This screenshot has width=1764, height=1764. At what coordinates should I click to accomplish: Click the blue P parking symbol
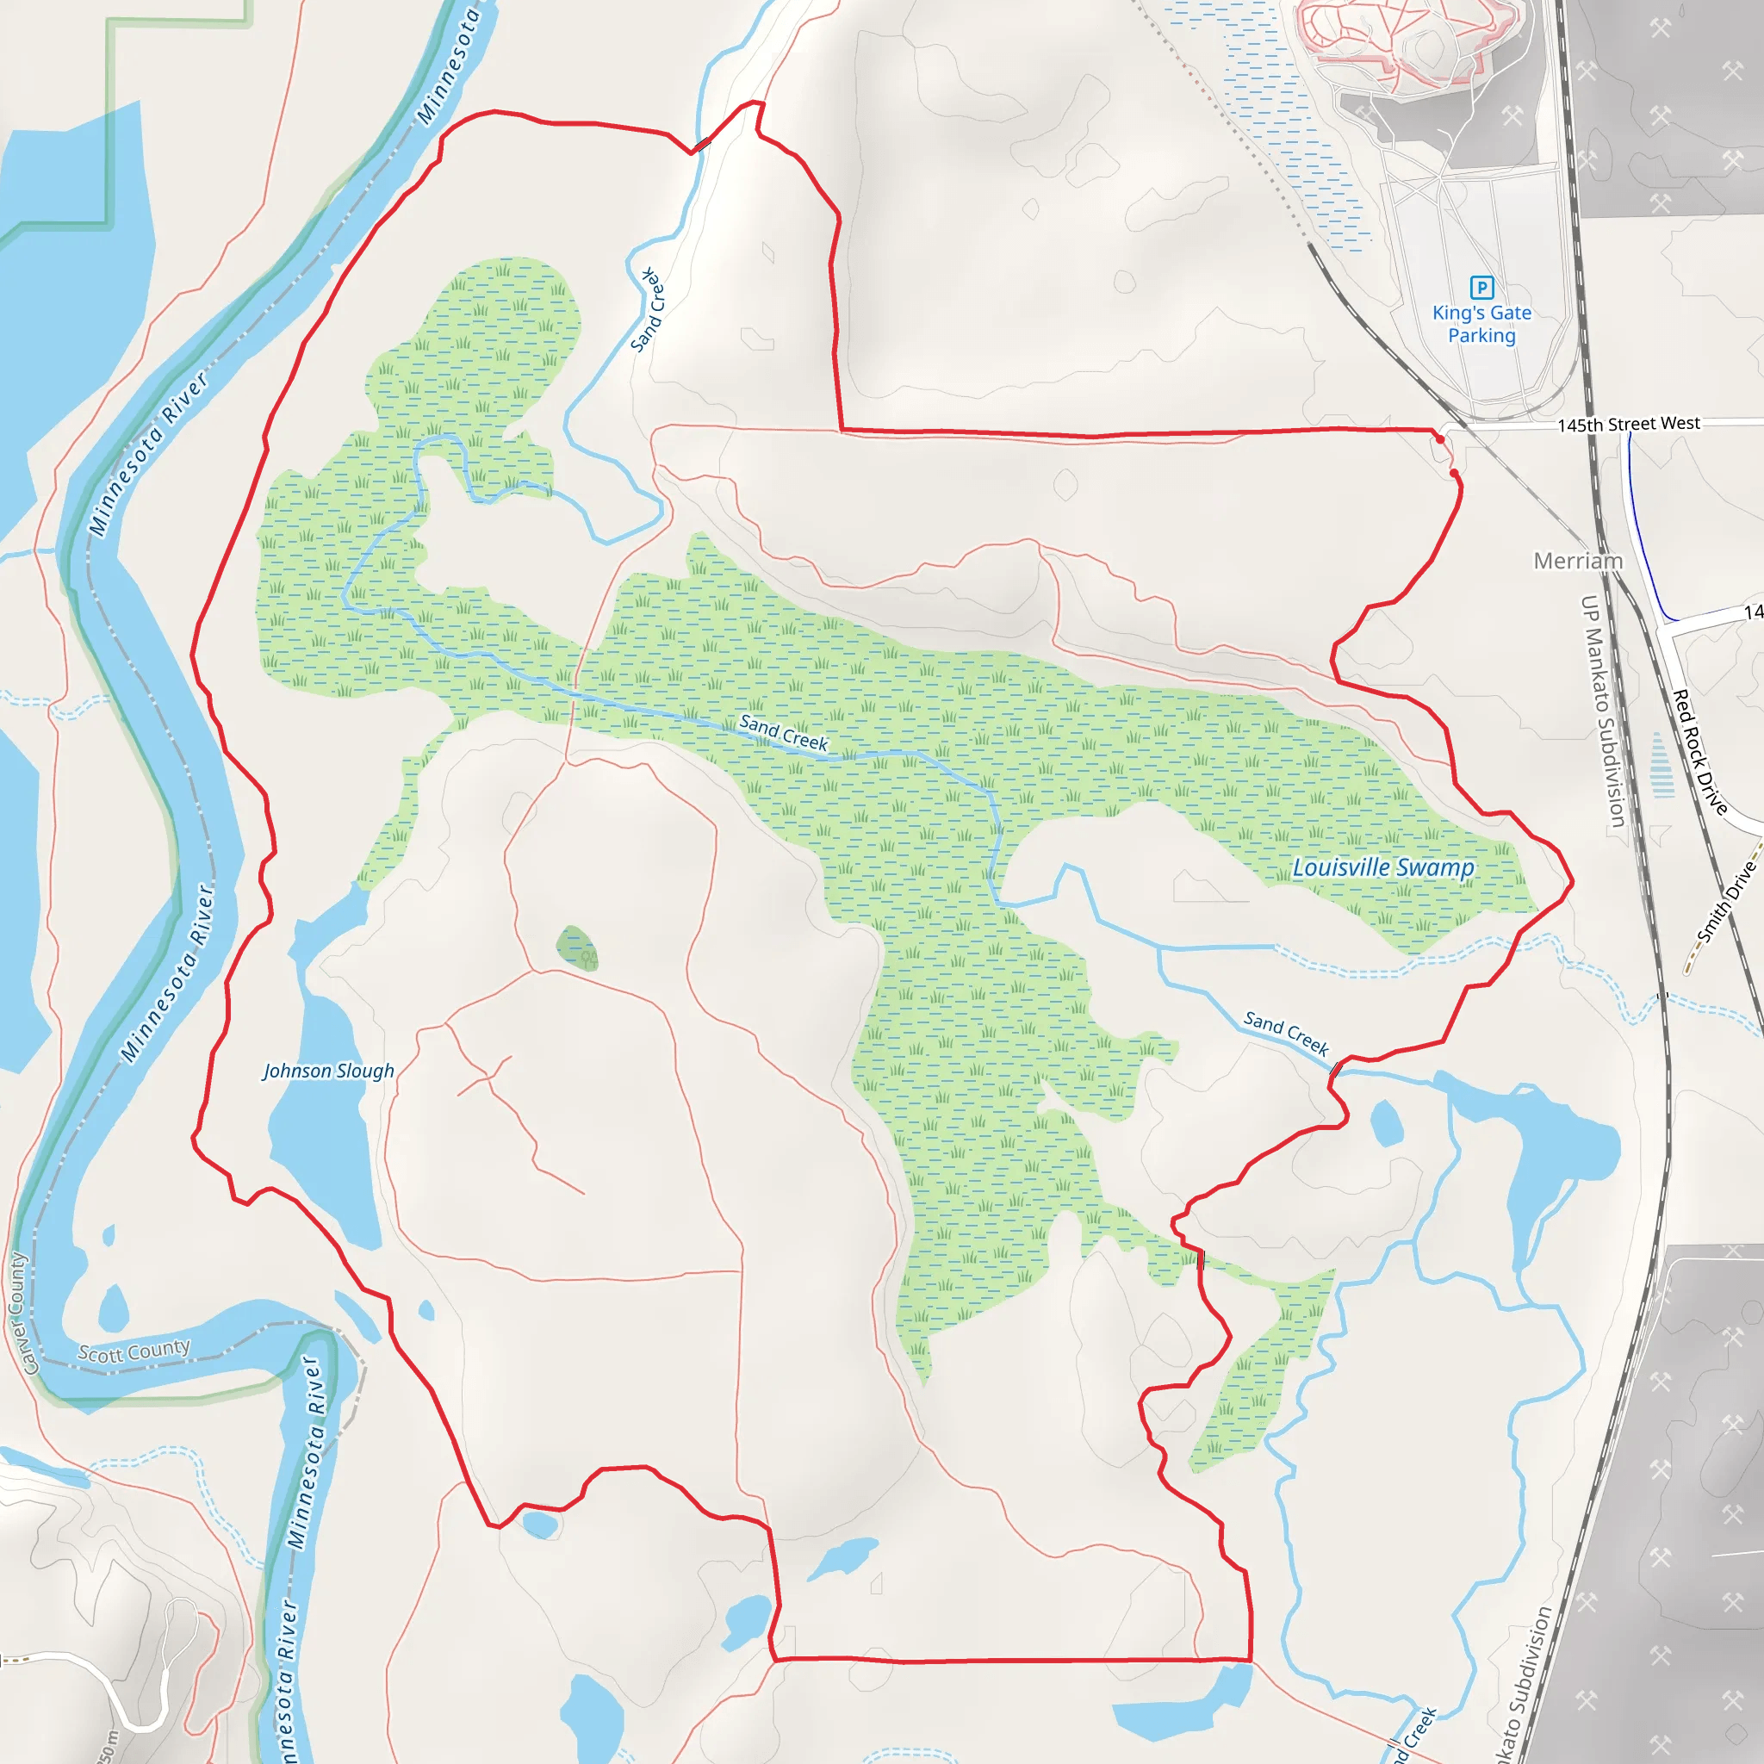1481,288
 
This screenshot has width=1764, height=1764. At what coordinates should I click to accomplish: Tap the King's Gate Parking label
1481,324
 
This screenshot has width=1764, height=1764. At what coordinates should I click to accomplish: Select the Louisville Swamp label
1383,867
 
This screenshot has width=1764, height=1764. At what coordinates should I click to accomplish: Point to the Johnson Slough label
329,1071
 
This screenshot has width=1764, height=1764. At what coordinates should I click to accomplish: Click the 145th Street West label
1629,424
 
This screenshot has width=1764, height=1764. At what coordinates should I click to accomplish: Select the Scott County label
134,1351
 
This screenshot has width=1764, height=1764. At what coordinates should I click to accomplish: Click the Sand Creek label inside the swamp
784,733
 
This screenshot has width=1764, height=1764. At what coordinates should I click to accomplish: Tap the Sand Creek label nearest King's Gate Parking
649,310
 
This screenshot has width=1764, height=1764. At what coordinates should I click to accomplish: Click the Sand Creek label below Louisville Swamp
1287,1033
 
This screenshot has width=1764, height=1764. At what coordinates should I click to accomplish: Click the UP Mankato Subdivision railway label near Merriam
1603,712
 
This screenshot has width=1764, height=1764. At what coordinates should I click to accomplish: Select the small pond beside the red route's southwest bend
541,1524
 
